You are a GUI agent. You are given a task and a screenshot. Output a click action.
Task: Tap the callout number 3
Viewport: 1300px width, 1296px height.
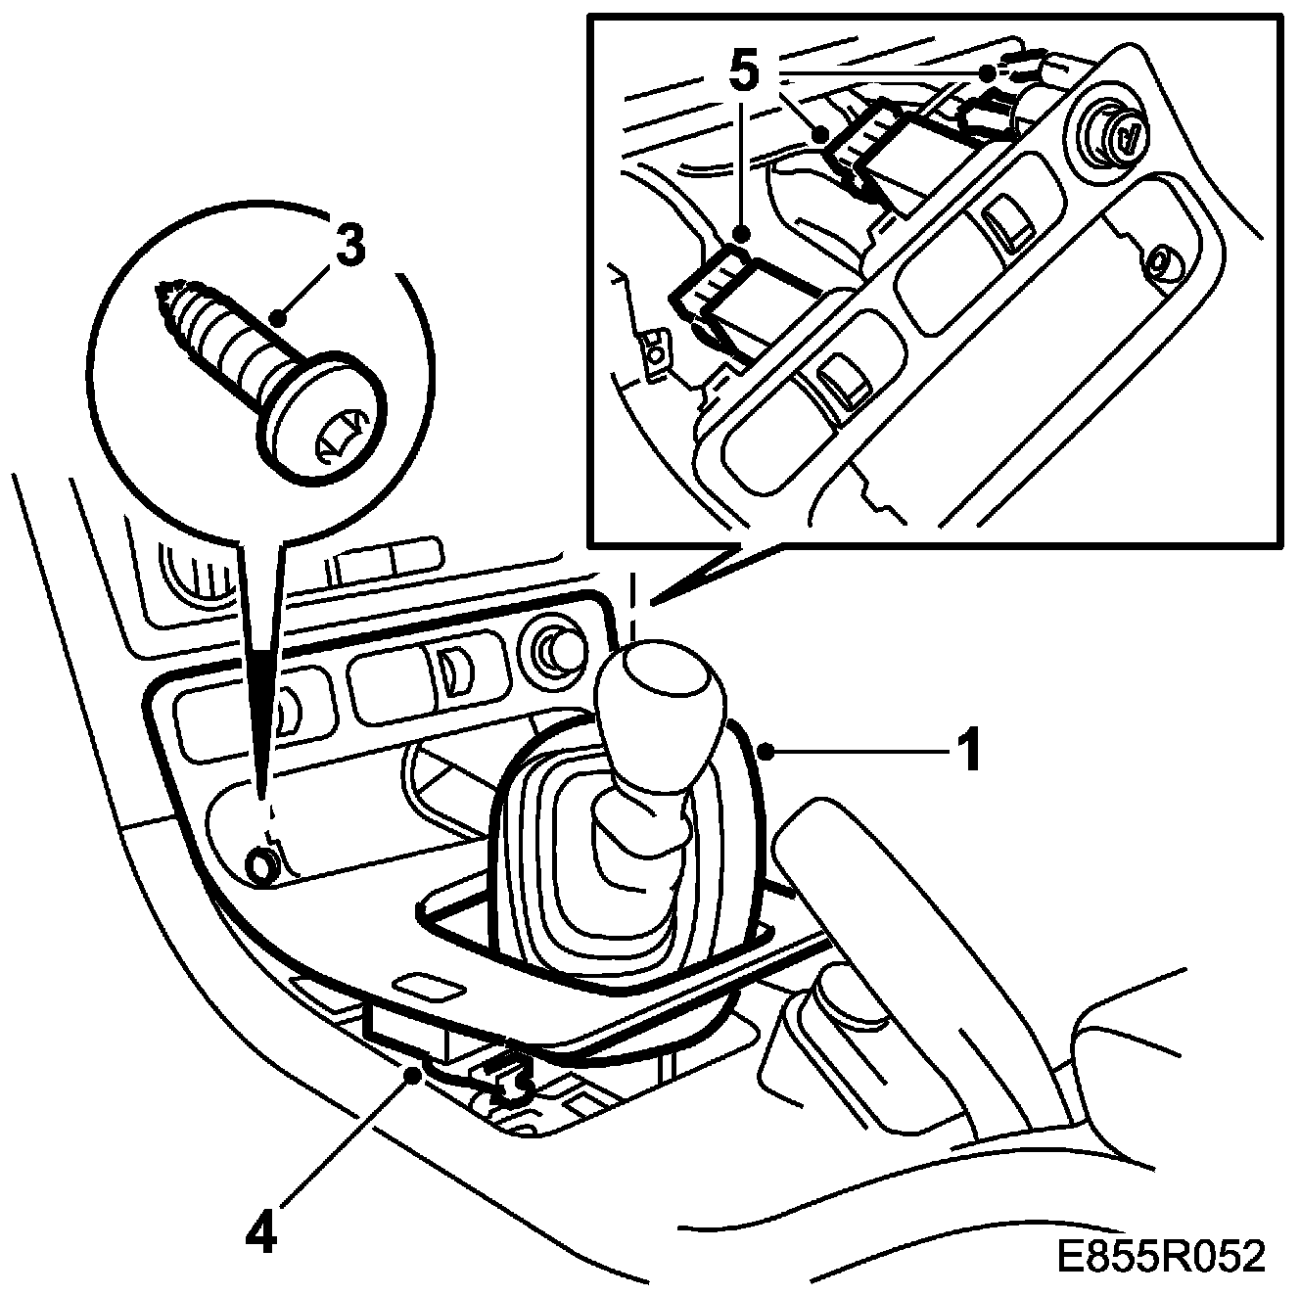point(349,246)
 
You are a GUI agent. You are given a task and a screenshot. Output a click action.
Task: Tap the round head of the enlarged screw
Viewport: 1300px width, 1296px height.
point(323,416)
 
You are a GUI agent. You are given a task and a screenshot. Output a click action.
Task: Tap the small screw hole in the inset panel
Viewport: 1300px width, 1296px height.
point(1162,262)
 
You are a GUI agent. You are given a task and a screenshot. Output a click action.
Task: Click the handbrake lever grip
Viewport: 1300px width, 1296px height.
point(881,881)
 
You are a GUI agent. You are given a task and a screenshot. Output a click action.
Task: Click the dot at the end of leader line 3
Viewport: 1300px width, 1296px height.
point(278,318)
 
